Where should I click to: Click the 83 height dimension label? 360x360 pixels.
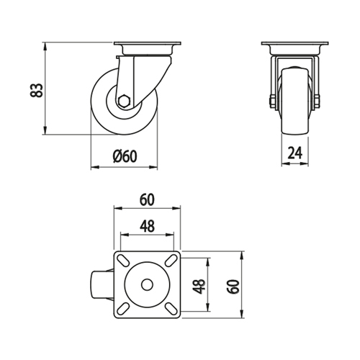point(37,90)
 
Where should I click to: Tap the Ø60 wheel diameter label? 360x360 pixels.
point(125,156)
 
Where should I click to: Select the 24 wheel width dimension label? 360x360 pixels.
point(295,153)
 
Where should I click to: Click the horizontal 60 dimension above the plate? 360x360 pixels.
point(147,200)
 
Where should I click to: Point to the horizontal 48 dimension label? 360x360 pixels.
point(147,226)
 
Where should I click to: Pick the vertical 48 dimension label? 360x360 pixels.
point(199,287)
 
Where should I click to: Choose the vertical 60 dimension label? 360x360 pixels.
point(233,287)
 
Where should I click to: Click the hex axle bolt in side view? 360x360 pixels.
point(124,101)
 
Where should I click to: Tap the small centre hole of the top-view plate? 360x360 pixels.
point(147,285)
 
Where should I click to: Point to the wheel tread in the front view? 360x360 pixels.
point(295,101)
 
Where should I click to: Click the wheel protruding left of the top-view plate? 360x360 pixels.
point(102,285)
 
